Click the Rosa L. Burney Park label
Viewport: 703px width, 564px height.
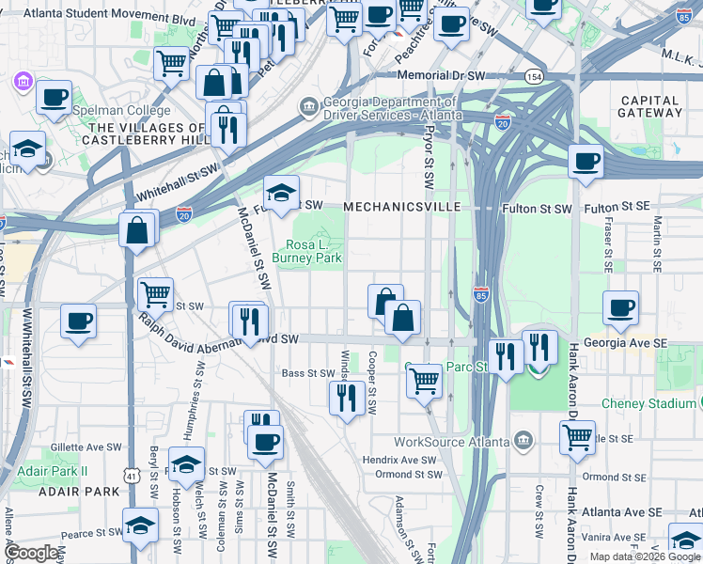(x=306, y=250)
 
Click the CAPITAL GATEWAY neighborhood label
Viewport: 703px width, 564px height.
(x=649, y=106)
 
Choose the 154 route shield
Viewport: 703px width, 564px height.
(x=534, y=75)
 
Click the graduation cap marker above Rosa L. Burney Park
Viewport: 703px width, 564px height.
(x=280, y=194)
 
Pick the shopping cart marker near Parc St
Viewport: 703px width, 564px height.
(x=424, y=381)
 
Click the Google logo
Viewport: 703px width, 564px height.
(x=30, y=554)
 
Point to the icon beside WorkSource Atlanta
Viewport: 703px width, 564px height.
(x=523, y=441)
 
